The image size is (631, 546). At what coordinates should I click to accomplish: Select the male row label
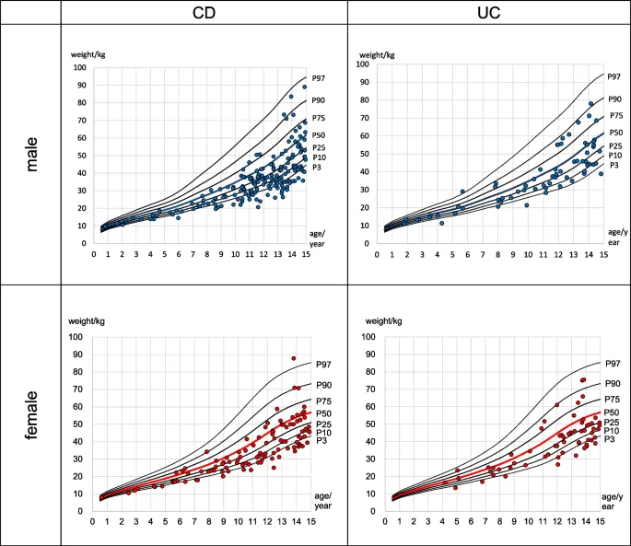click(x=30, y=153)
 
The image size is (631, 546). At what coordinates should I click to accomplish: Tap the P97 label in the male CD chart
click(x=319, y=79)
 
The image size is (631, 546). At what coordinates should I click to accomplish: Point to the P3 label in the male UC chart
click(x=614, y=165)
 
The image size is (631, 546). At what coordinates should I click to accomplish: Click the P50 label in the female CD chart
click(x=323, y=414)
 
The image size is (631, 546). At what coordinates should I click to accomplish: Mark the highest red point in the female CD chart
click(x=293, y=358)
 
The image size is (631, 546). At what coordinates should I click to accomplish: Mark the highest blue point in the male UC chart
click(x=590, y=104)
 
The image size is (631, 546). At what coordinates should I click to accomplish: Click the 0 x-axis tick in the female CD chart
click(x=93, y=521)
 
